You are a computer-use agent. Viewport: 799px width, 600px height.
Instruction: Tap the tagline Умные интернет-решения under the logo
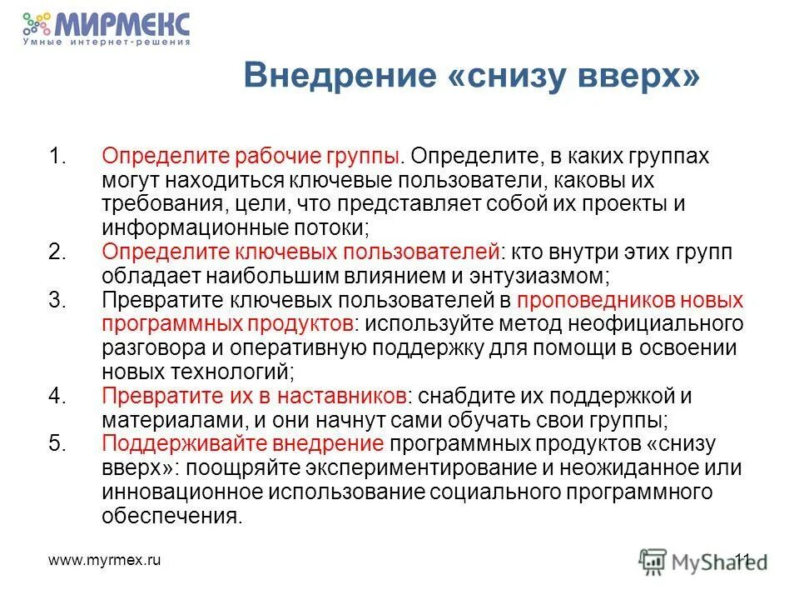tap(107, 42)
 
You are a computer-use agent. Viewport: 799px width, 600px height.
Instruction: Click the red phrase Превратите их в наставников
tap(254, 397)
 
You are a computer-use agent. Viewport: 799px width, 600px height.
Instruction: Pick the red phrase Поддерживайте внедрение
tap(242, 444)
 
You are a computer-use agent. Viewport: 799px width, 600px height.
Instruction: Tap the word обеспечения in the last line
tap(171, 516)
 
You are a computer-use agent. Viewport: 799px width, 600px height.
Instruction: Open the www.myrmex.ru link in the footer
tap(105, 561)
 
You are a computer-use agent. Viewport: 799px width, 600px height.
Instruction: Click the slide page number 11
tap(742, 561)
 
